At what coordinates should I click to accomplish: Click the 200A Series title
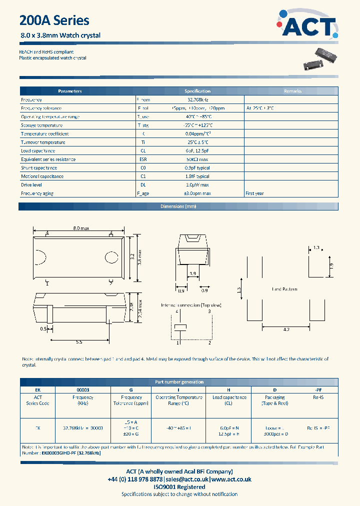[54, 20]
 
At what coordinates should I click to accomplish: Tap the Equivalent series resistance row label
[48, 159]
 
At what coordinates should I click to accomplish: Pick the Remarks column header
[292, 91]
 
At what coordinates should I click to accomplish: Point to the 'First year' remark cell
[254, 193]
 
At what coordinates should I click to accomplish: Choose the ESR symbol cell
[143, 159]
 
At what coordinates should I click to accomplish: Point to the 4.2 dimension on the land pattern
[286, 330]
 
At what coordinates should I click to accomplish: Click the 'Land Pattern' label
[284, 289]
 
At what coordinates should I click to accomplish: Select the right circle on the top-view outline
[110, 257]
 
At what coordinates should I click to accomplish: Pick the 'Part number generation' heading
[179, 382]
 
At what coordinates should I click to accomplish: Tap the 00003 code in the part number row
[82, 389]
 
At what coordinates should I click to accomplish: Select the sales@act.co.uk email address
[187, 479]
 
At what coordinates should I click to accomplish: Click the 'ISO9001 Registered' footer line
[179, 486]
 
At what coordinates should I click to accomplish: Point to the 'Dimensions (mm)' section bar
[179, 206]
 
